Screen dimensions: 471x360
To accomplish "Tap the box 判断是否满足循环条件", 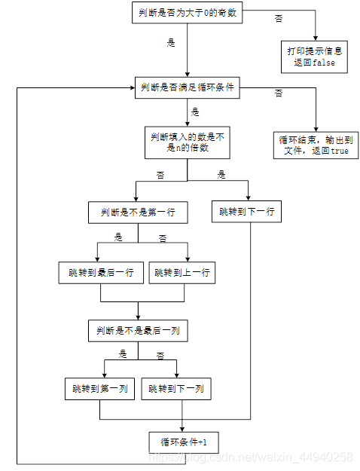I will [188, 88].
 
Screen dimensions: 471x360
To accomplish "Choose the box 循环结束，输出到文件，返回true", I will [315, 145].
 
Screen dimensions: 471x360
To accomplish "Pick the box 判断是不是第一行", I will [137, 213].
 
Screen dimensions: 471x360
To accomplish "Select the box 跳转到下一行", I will [246, 213].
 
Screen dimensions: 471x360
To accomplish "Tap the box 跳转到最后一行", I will [100, 272].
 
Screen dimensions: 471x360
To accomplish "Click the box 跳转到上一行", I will [182, 272].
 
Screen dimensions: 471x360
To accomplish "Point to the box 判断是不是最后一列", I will [137, 330].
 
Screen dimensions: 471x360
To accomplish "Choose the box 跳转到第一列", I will [100, 389].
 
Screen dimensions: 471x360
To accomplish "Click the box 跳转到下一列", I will [175, 389].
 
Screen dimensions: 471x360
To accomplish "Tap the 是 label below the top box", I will [171, 44].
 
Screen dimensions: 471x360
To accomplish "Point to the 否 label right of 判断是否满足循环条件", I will [279, 93].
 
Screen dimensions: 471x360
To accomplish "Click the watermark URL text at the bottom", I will [250, 457].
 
